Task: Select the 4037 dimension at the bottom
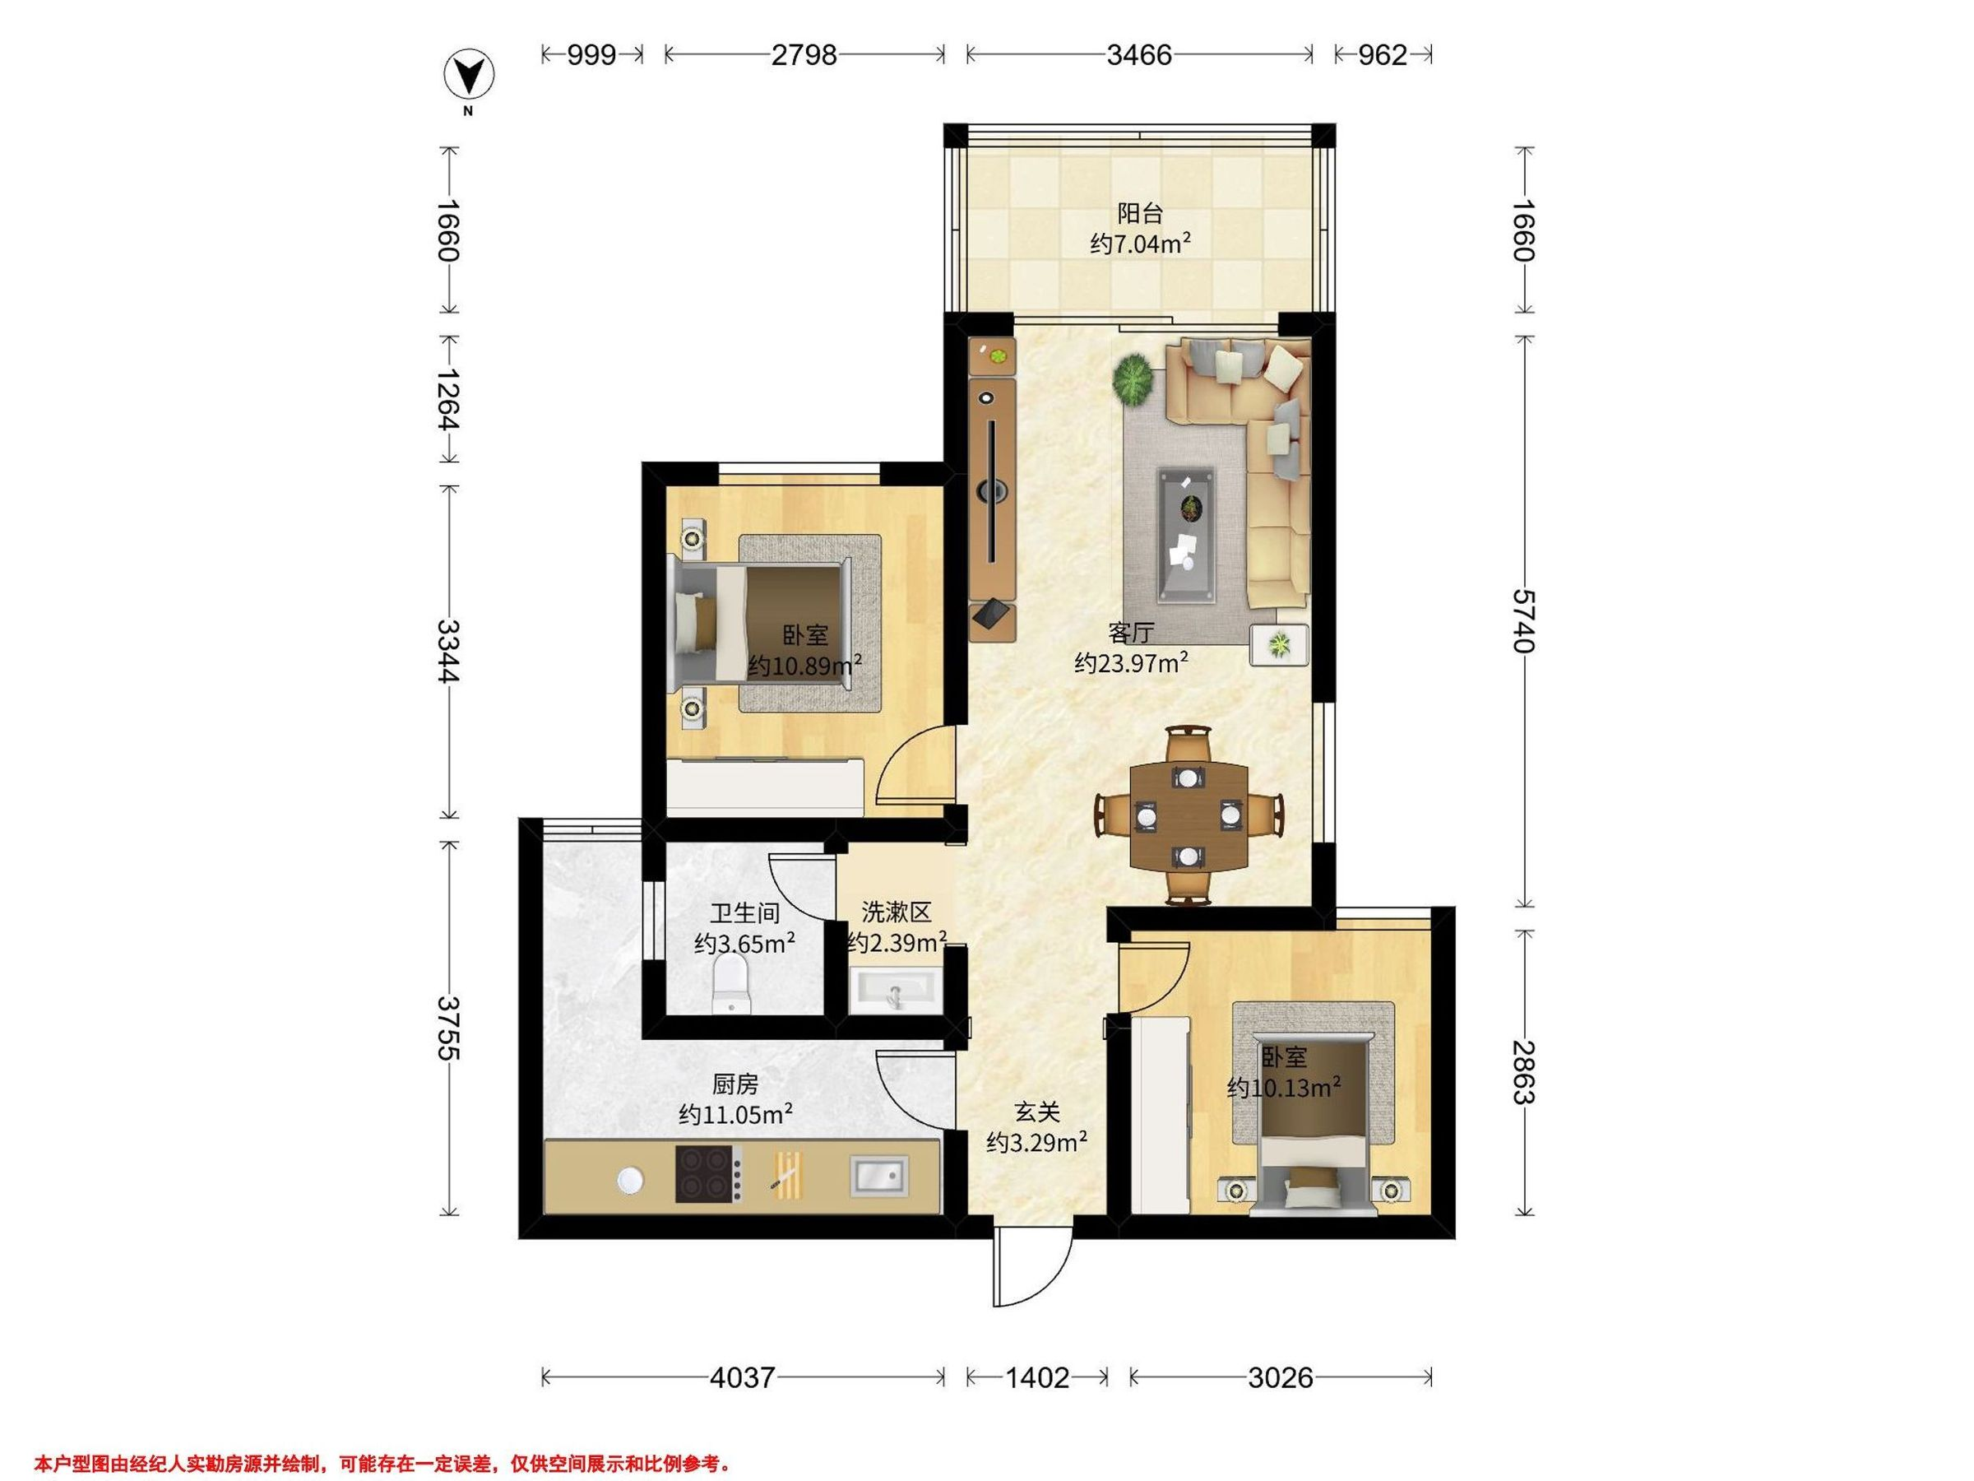click(743, 1377)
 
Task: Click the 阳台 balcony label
click(1141, 213)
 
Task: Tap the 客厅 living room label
click(1132, 633)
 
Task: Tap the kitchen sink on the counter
click(878, 1174)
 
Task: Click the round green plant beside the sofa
click(1133, 380)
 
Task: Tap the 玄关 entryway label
click(1037, 1112)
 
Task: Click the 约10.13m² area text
click(1284, 1089)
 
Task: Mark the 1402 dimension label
click(1037, 1377)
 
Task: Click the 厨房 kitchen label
click(735, 1084)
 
